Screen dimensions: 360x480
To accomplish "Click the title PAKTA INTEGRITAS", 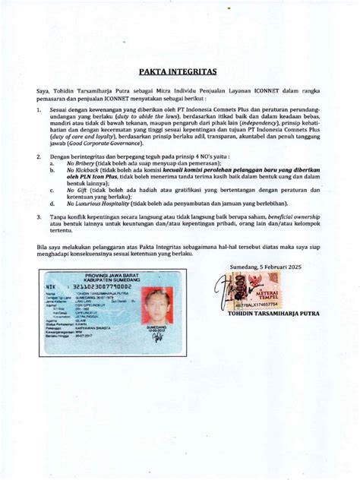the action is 180,73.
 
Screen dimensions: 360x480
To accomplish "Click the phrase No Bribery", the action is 81,163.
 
